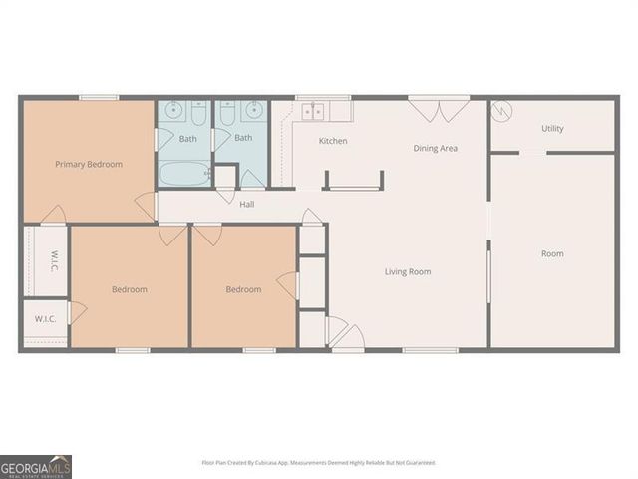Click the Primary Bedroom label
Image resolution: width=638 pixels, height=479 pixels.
89,164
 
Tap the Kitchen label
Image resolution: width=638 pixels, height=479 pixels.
333,141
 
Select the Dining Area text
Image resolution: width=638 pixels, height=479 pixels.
436,148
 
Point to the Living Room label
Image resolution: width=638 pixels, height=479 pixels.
408,271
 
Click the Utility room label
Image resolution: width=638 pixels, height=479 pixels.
552,128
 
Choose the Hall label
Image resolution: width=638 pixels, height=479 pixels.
247,205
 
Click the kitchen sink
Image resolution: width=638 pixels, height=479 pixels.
312,110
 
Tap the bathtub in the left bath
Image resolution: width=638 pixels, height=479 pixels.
184,174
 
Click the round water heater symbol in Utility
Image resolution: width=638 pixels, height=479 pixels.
502,110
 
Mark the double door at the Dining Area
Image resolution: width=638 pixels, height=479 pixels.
439,106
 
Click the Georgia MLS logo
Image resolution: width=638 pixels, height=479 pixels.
36,466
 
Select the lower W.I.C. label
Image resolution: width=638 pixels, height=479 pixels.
44,319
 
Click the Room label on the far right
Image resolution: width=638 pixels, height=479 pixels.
552,253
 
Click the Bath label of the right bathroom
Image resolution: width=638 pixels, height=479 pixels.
243,138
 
